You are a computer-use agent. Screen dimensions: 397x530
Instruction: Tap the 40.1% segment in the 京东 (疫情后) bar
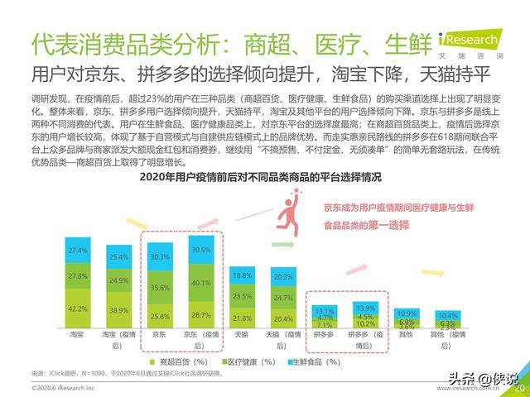[200, 282]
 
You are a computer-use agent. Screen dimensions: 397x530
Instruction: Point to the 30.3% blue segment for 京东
[161, 257]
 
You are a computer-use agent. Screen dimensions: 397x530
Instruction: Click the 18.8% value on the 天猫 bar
[242, 275]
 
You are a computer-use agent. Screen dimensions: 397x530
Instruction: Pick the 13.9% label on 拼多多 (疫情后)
[364, 307]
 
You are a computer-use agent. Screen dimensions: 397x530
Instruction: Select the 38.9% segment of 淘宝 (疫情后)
[119, 310]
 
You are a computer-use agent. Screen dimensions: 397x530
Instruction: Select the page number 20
[520, 387]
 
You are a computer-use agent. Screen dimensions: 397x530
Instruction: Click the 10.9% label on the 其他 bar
[406, 313]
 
